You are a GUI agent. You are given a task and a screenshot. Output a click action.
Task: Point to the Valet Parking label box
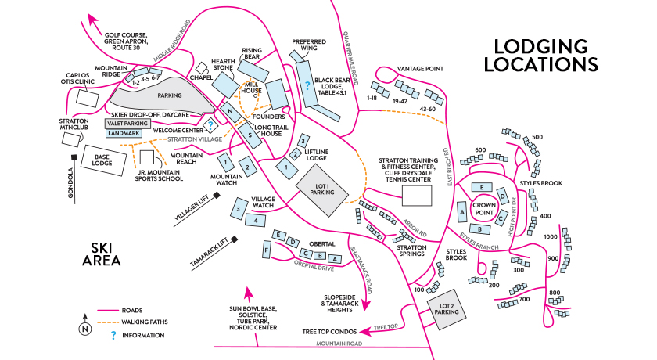click(x=127, y=124)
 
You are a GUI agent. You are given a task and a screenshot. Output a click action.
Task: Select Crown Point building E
click(x=483, y=188)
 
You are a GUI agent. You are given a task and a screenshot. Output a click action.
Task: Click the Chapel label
click(x=201, y=77)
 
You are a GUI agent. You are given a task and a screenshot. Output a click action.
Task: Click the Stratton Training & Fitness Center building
click(x=417, y=195)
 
